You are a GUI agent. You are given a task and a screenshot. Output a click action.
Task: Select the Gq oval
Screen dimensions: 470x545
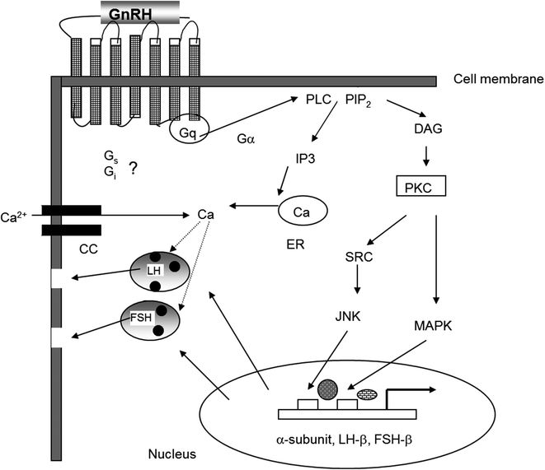tap(188, 131)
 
